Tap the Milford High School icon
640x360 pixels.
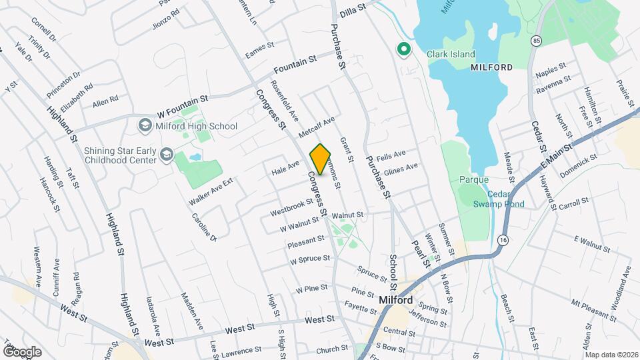click(144, 125)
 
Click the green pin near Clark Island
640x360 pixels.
click(403, 49)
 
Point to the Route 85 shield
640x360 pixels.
click(537, 41)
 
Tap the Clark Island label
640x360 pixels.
click(451, 55)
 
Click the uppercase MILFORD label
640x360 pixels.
click(491, 67)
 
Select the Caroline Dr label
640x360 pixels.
click(204, 227)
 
